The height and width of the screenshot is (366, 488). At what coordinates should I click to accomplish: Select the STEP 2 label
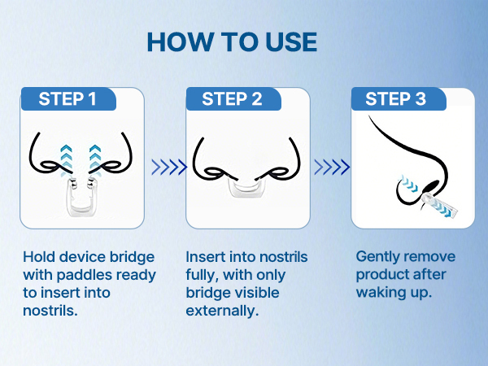click(x=232, y=99)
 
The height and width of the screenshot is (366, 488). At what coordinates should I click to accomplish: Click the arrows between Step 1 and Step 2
click(x=168, y=167)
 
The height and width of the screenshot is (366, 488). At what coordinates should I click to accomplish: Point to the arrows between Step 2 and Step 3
click(x=332, y=167)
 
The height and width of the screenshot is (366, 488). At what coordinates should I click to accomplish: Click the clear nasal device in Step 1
click(x=81, y=196)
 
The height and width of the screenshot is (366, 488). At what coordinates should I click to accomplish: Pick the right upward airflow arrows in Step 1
click(x=96, y=156)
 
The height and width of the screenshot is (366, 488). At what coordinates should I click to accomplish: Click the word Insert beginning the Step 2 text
click(x=204, y=257)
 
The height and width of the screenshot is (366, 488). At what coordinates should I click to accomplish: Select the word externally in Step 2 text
click(x=220, y=311)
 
